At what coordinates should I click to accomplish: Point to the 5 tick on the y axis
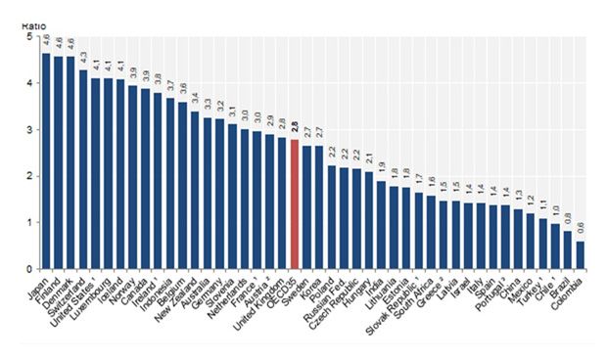point(25,36)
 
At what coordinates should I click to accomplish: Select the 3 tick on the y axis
point(25,129)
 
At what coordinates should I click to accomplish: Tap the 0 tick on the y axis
point(25,269)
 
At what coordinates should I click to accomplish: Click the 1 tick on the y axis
point(25,222)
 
